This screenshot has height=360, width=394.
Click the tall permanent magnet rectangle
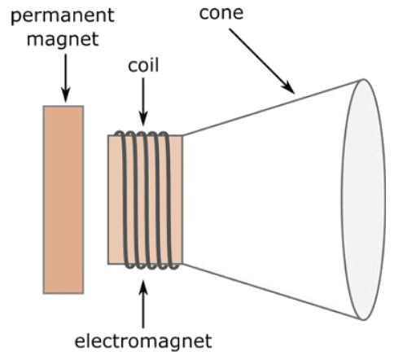(x=63, y=199)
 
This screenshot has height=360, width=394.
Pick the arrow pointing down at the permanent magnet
(x=63, y=77)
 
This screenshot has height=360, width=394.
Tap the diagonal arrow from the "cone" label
(x=260, y=60)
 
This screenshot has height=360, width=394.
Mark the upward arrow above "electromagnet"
(x=143, y=301)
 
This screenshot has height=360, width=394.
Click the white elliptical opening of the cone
(x=363, y=199)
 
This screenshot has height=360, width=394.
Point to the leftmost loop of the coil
(x=120, y=199)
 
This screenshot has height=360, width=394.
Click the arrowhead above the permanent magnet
(x=63, y=98)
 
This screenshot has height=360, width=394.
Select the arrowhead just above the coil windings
(x=143, y=120)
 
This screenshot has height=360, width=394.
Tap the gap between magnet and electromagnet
(x=95, y=199)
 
